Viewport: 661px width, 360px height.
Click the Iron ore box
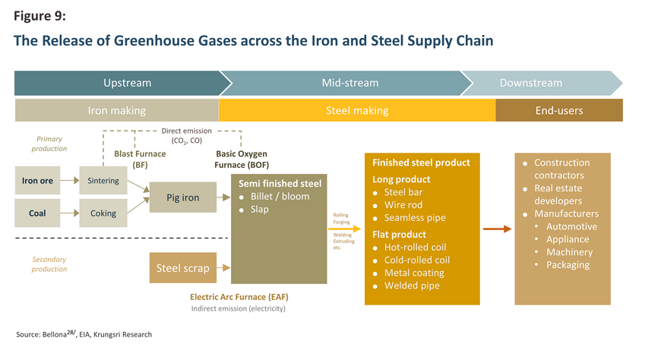tap(37, 181)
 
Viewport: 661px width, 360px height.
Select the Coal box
tap(37, 213)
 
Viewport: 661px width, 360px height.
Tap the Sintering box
tap(103, 181)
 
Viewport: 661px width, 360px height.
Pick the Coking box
tap(103, 213)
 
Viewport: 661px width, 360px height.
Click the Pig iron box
tap(183, 197)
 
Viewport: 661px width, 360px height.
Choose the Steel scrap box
tap(183, 267)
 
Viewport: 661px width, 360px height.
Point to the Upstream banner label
tap(128, 83)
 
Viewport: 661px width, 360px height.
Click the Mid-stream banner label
tap(350, 83)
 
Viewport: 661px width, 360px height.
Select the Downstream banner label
tap(531, 83)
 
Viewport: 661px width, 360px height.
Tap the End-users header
tap(559, 110)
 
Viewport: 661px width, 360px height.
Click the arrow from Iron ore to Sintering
tap(70, 181)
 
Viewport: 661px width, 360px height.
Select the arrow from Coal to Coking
tap(70, 213)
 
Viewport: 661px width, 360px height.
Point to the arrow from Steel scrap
tap(223, 267)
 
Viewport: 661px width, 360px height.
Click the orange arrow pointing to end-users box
tap(498, 229)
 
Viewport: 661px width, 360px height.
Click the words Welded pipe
tap(412, 286)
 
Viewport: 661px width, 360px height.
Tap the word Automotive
tap(571, 226)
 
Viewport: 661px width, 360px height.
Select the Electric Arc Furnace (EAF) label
tap(239, 297)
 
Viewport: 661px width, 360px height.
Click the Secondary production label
tap(49, 264)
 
